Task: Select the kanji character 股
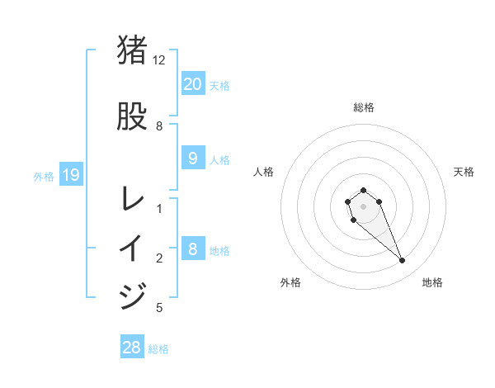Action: click(x=133, y=116)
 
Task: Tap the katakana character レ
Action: click(x=133, y=199)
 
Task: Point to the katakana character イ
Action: click(x=133, y=248)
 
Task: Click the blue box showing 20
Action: click(x=192, y=83)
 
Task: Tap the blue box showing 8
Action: click(x=192, y=248)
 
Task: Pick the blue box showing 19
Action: click(x=70, y=175)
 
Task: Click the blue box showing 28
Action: click(x=132, y=348)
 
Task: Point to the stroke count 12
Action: click(x=159, y=60)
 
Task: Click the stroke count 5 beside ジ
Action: click(x=159, y=308)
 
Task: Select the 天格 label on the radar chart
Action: click(x=464, y=172)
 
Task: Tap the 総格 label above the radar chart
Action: click(x=364, y=107)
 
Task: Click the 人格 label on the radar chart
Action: click(x=264, y=172)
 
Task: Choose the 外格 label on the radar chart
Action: click(x=290, y=282)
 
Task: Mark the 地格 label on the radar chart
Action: click(x=432, y=282)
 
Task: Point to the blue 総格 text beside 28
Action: click(x=158, y=349)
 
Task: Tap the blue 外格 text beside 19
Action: click(x=43, y=176)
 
